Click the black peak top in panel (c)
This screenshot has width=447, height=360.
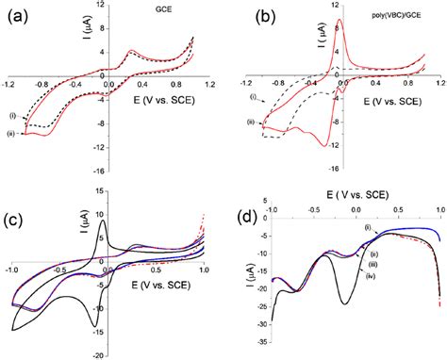pos(103,221)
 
